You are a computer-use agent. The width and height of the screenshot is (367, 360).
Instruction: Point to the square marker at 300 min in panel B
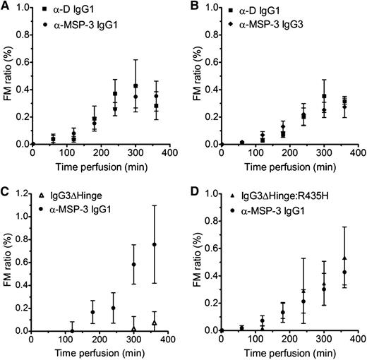[x=323, y=96]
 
